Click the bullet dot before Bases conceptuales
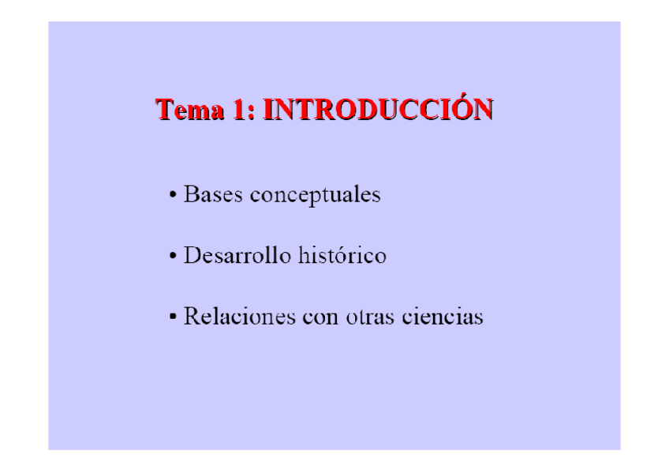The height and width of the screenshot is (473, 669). (x=173, y=195)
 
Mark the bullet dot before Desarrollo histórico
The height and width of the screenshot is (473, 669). (x=173, y=257)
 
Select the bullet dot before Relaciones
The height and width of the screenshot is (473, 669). (x=173, y=318)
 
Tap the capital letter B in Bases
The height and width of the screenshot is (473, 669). (x=190, y=194)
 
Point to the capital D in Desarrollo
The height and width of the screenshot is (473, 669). (x=192, y=256)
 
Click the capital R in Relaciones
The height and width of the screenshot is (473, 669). (x=191, y=317)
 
